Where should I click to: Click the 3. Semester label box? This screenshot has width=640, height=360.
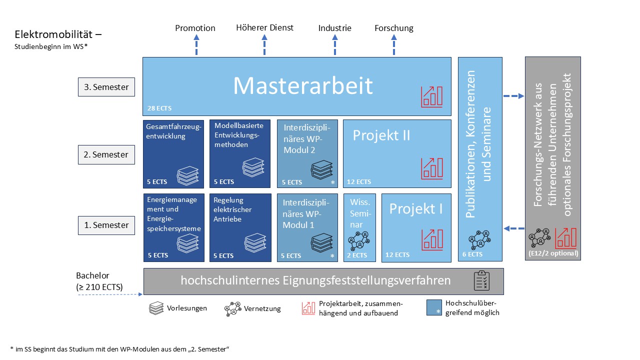(106, 87)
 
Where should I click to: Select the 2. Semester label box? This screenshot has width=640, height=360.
(106, 154)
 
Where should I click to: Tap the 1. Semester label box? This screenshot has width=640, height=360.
(106, 225)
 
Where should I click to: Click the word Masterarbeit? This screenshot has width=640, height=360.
(303, 86)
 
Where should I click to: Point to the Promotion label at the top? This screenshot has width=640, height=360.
(195, 28)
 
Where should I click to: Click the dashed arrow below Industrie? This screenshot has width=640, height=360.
(335, 45)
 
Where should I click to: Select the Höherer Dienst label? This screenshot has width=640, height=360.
(264, 27)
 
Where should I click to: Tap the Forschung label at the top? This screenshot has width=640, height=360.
(394, 28)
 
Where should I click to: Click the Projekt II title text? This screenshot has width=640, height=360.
(381, 135)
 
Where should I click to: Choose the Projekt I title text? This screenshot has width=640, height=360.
(416, 208)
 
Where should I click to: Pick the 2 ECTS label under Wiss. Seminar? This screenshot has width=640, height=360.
(357, 255)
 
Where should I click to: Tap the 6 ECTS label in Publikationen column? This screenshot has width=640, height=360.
(472, 254)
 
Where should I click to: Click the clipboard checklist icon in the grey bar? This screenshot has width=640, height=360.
(482, 281)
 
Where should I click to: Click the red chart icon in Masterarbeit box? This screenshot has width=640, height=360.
(431, 96)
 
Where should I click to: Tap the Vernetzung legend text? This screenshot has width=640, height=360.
(262, 308)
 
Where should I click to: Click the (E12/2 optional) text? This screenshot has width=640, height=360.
(552, 253)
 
